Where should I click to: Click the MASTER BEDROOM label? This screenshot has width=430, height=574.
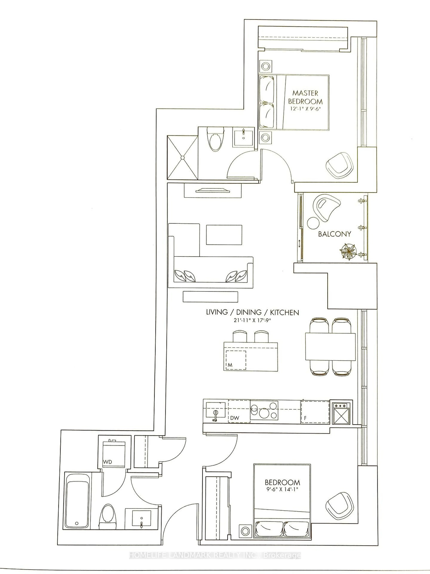305,97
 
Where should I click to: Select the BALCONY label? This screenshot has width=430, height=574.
334,234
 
